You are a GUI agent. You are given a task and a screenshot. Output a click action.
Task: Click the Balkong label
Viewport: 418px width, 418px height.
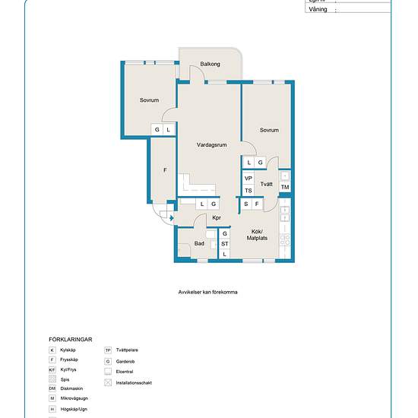(211, 65)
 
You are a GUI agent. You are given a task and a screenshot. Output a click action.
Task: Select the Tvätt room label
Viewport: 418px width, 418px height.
(267, 185)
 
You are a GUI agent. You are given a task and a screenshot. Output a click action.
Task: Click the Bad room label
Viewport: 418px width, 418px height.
(199, 244)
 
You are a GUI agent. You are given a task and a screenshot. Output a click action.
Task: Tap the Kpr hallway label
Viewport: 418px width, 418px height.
(217, 219)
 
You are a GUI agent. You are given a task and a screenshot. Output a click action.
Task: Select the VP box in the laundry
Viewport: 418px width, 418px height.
(249, 179)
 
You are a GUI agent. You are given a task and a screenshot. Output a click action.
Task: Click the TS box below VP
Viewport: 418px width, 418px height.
(249, 191)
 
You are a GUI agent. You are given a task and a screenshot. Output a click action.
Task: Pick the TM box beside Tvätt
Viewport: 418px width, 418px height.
(285, 187)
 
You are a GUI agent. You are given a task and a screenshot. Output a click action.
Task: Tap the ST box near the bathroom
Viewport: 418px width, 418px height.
(225, 244)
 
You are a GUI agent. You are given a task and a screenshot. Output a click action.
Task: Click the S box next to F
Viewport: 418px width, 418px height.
(246, 204)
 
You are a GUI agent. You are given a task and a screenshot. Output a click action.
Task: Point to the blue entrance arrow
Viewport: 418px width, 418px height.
(171, 219)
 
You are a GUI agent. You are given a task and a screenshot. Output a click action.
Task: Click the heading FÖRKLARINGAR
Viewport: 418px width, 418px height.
(70, 340)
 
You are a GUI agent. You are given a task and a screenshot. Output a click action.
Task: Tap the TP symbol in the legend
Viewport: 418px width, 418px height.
(108, 350)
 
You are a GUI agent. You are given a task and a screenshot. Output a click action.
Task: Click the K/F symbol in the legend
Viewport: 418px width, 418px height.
(52, 369)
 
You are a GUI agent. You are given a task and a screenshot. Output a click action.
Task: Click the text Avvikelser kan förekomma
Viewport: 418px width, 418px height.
(208, 290)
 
